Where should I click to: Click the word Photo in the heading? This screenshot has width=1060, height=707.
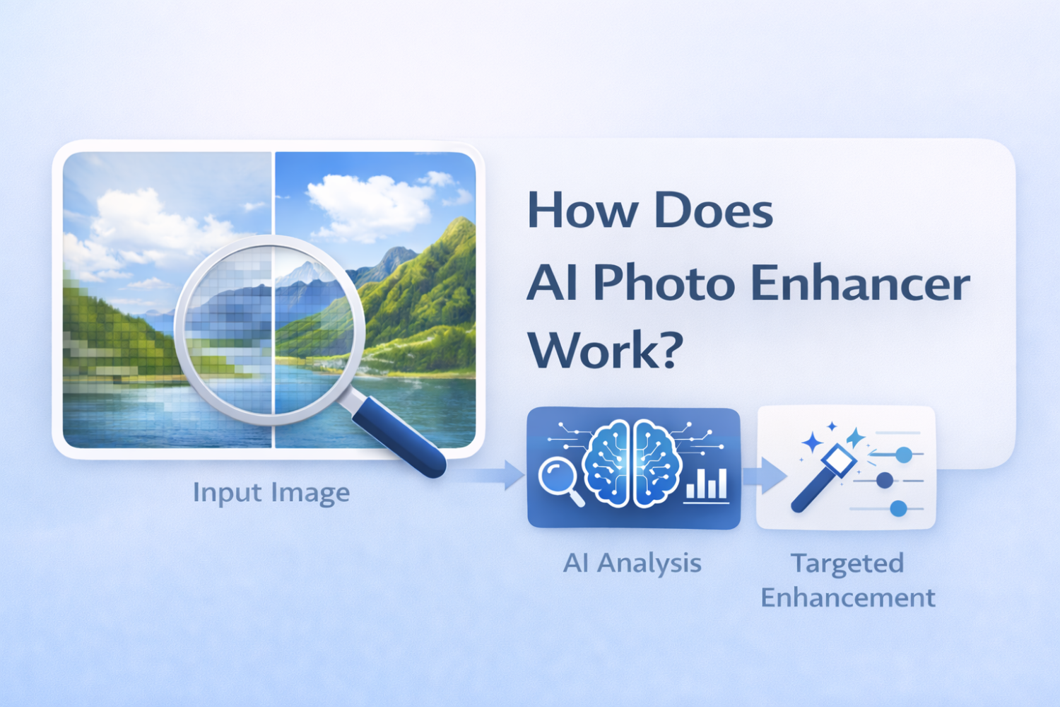[654, 283]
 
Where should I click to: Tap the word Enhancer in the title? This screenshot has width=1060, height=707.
[860, 283]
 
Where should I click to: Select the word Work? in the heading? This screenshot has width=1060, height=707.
[605, 349]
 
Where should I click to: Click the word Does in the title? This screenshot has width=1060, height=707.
[713, 211]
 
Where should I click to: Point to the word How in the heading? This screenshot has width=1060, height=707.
[582, 211]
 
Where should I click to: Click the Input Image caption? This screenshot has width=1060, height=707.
[271, 493]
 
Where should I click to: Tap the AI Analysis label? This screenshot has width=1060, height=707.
[632, 563]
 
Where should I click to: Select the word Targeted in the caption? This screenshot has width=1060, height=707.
[847, 563]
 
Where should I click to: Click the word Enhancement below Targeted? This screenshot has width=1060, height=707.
[847, 598]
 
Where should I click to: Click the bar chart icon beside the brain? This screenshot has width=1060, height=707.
[707, 485]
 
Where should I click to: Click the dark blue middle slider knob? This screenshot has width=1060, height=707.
[885, 481]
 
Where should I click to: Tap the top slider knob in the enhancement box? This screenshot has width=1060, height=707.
[904, 455]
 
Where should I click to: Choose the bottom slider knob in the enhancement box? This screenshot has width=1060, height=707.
[899, 508]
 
